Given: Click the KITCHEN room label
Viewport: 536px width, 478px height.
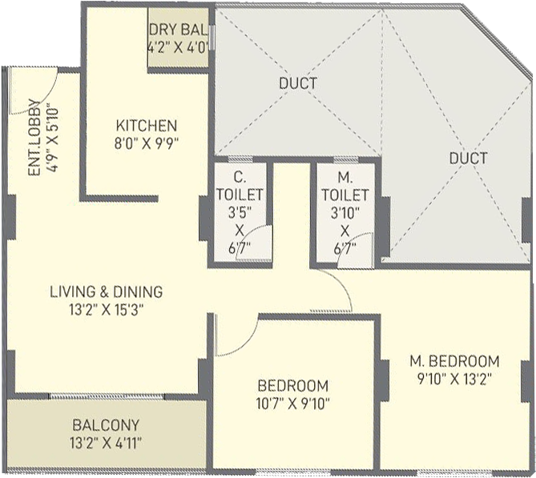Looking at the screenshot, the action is coord(147,126).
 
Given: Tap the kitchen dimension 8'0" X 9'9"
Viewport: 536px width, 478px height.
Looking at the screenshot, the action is coord(147,143).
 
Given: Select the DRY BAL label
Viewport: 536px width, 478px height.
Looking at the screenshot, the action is coord(178,30).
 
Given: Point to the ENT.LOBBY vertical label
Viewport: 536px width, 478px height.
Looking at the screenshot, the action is coord(34,138).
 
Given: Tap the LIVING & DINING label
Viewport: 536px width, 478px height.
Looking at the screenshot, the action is coord(107,291).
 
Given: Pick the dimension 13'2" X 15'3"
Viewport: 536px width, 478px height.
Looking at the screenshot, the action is coord(106,310).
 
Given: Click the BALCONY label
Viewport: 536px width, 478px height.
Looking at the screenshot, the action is coord(106,425).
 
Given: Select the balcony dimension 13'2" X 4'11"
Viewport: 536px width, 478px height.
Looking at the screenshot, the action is coord(106,444).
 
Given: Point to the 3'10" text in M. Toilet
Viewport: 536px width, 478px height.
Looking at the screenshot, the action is coord(345,213).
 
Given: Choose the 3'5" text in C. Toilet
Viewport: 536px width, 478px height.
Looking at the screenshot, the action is coord(240,213).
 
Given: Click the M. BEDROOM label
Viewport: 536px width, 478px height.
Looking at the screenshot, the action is coord(454,361).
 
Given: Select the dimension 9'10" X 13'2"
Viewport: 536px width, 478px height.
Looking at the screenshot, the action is coord(454,379).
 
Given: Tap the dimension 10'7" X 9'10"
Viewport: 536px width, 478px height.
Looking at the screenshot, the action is coord(293,404).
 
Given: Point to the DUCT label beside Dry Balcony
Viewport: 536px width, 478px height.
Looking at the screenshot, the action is coord(298,83).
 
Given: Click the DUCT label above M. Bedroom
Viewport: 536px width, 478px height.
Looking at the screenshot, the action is coord(469,159).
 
